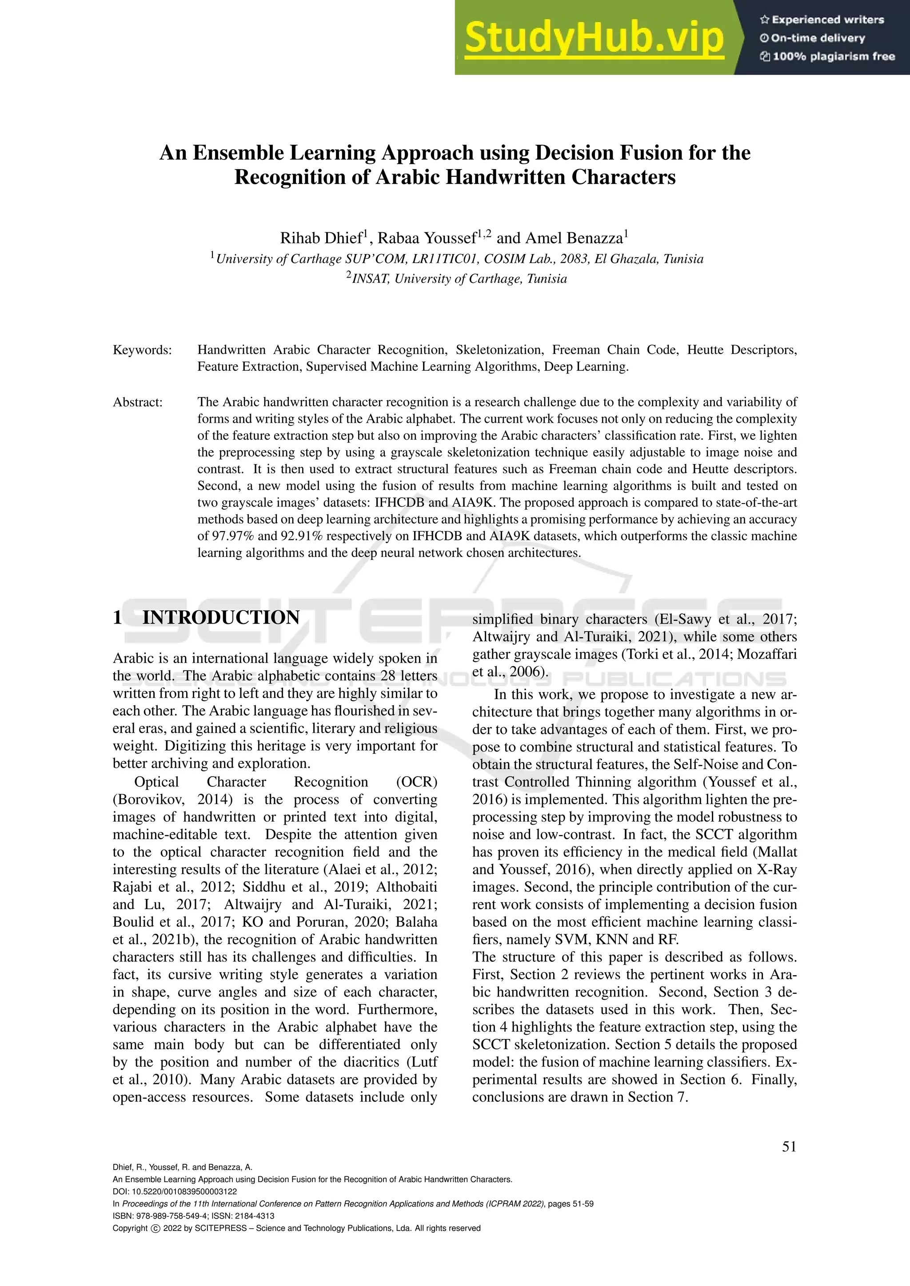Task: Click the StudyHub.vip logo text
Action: pos(594,38)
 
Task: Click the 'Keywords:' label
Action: pos(142,350)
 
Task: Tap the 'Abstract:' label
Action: pos(138,402)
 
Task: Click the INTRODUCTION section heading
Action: pos(221,617)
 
